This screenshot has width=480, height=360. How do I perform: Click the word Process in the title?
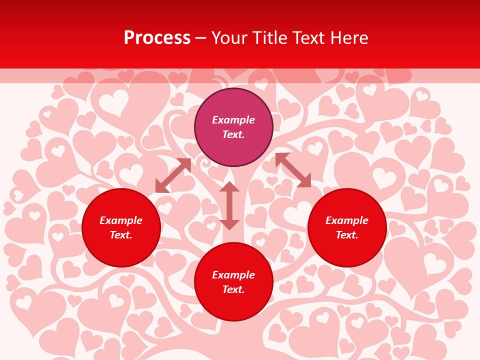tap(157, 38)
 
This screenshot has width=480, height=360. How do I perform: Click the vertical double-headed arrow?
tap(229, 206)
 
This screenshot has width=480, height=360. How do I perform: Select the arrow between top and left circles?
tap(173, 175)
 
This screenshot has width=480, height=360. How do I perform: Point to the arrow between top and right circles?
tap(293, 170)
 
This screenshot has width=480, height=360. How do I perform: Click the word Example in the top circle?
tap(233, 120)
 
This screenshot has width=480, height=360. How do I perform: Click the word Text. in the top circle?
tap(233, 134)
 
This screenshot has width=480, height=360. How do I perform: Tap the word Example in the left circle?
tap(121, 220)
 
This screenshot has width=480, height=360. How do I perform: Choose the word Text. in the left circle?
tap(121, 235)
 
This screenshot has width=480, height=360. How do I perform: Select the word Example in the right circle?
tap(347, 220)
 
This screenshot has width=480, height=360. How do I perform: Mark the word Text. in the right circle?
tap(347, 235)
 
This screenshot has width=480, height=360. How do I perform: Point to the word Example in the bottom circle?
tap(233, 275)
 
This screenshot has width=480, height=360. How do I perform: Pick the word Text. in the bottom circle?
tap(233, 289)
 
